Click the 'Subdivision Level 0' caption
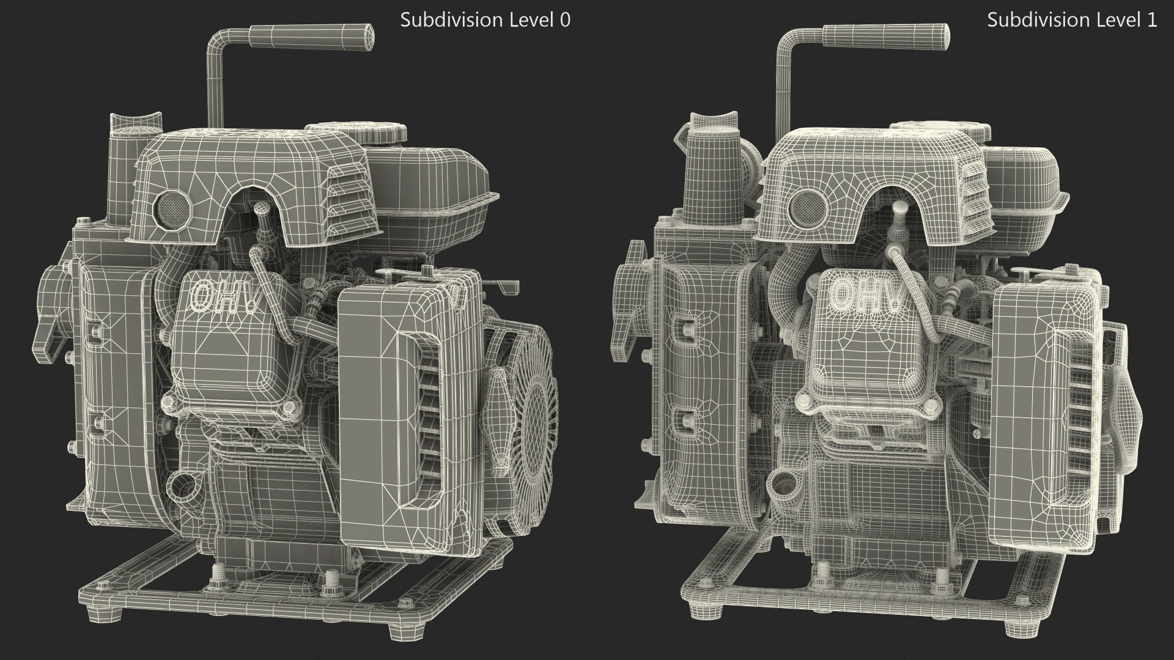(485, 20)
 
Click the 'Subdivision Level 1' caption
(1072, 20)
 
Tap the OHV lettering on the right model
(867, 295)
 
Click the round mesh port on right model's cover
(807, 208)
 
